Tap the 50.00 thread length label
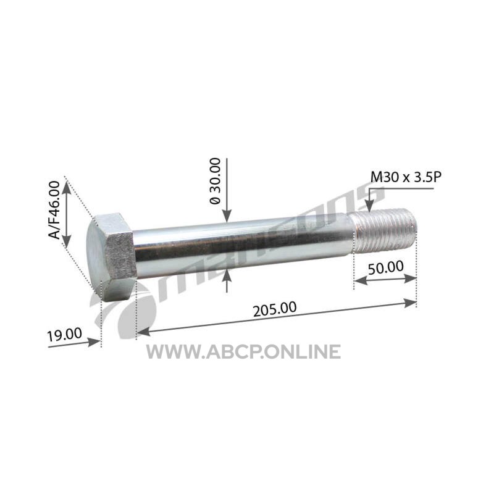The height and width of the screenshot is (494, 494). pos(385,268)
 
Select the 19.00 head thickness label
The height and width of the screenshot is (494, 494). pos(65,335)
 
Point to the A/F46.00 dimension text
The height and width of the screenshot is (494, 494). pos(55,210)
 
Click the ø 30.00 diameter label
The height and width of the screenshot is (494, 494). pos(216,181)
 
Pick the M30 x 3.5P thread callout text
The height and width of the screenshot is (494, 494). pos(406,177)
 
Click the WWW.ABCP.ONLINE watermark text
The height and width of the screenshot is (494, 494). pos(243,351)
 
